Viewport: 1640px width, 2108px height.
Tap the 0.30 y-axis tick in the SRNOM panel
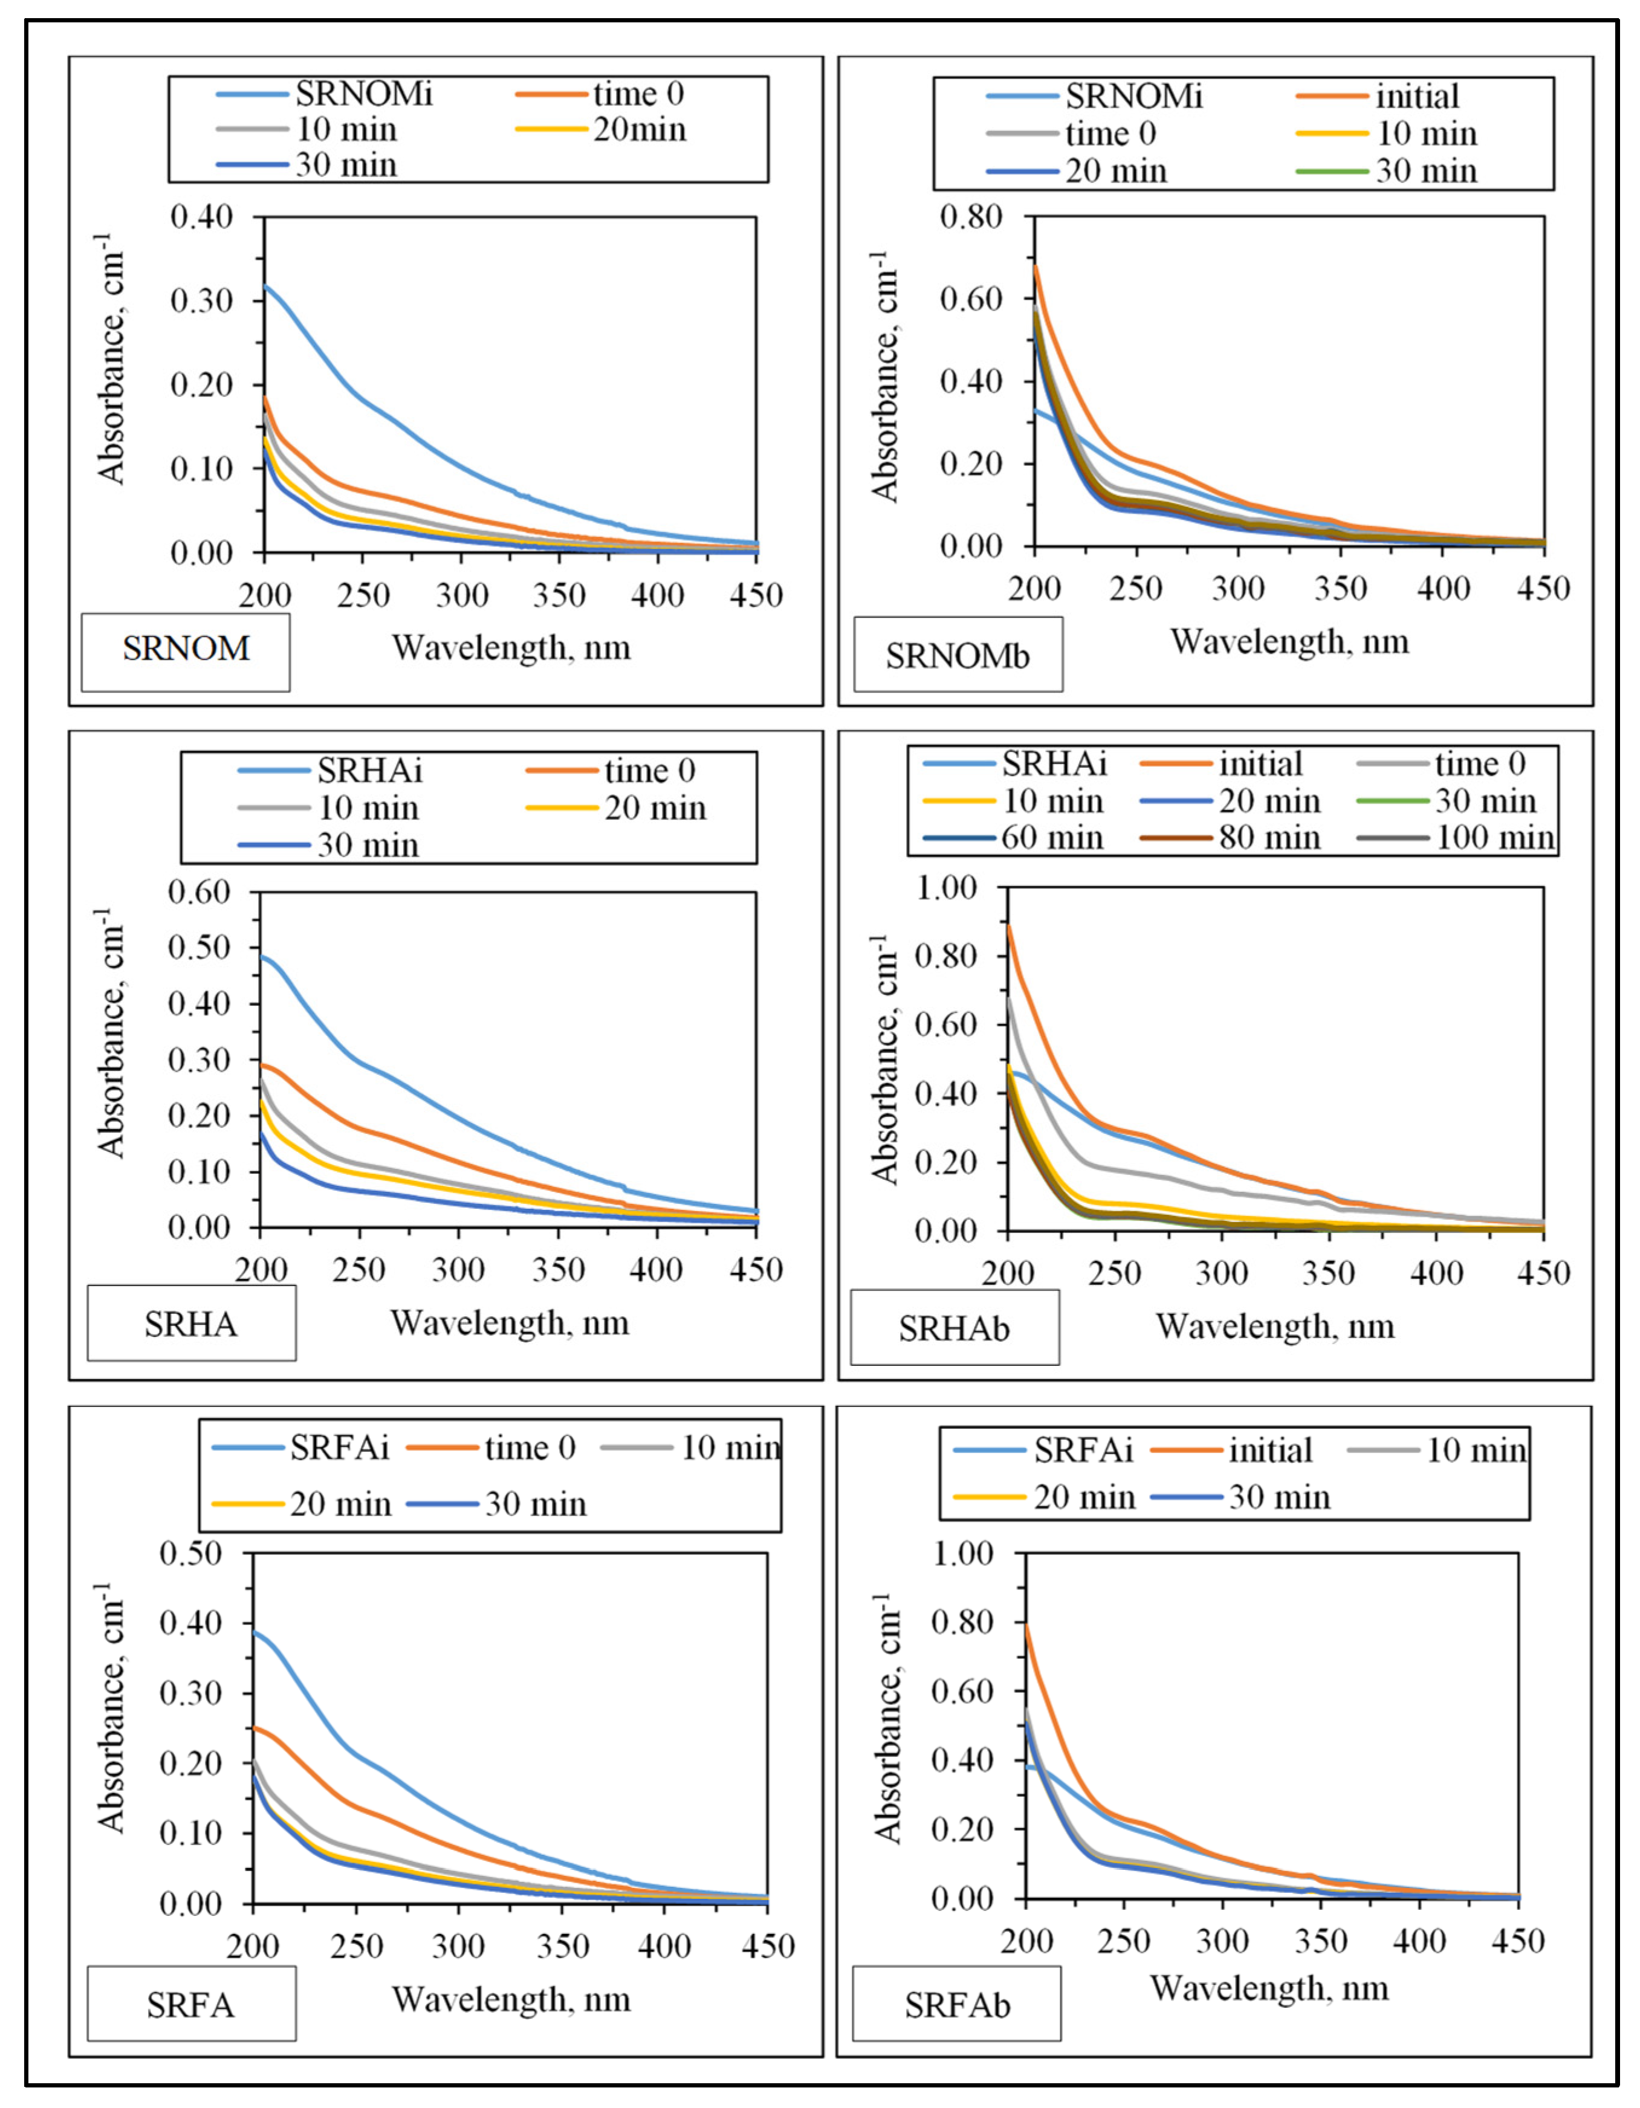202,300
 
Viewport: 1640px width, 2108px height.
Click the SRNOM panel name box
186,648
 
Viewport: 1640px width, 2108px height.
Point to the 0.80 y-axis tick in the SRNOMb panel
971,216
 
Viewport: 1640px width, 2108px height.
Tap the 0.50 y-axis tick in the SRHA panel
200,947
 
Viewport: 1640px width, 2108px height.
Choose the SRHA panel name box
191,1324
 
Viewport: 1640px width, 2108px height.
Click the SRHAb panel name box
954,1329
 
